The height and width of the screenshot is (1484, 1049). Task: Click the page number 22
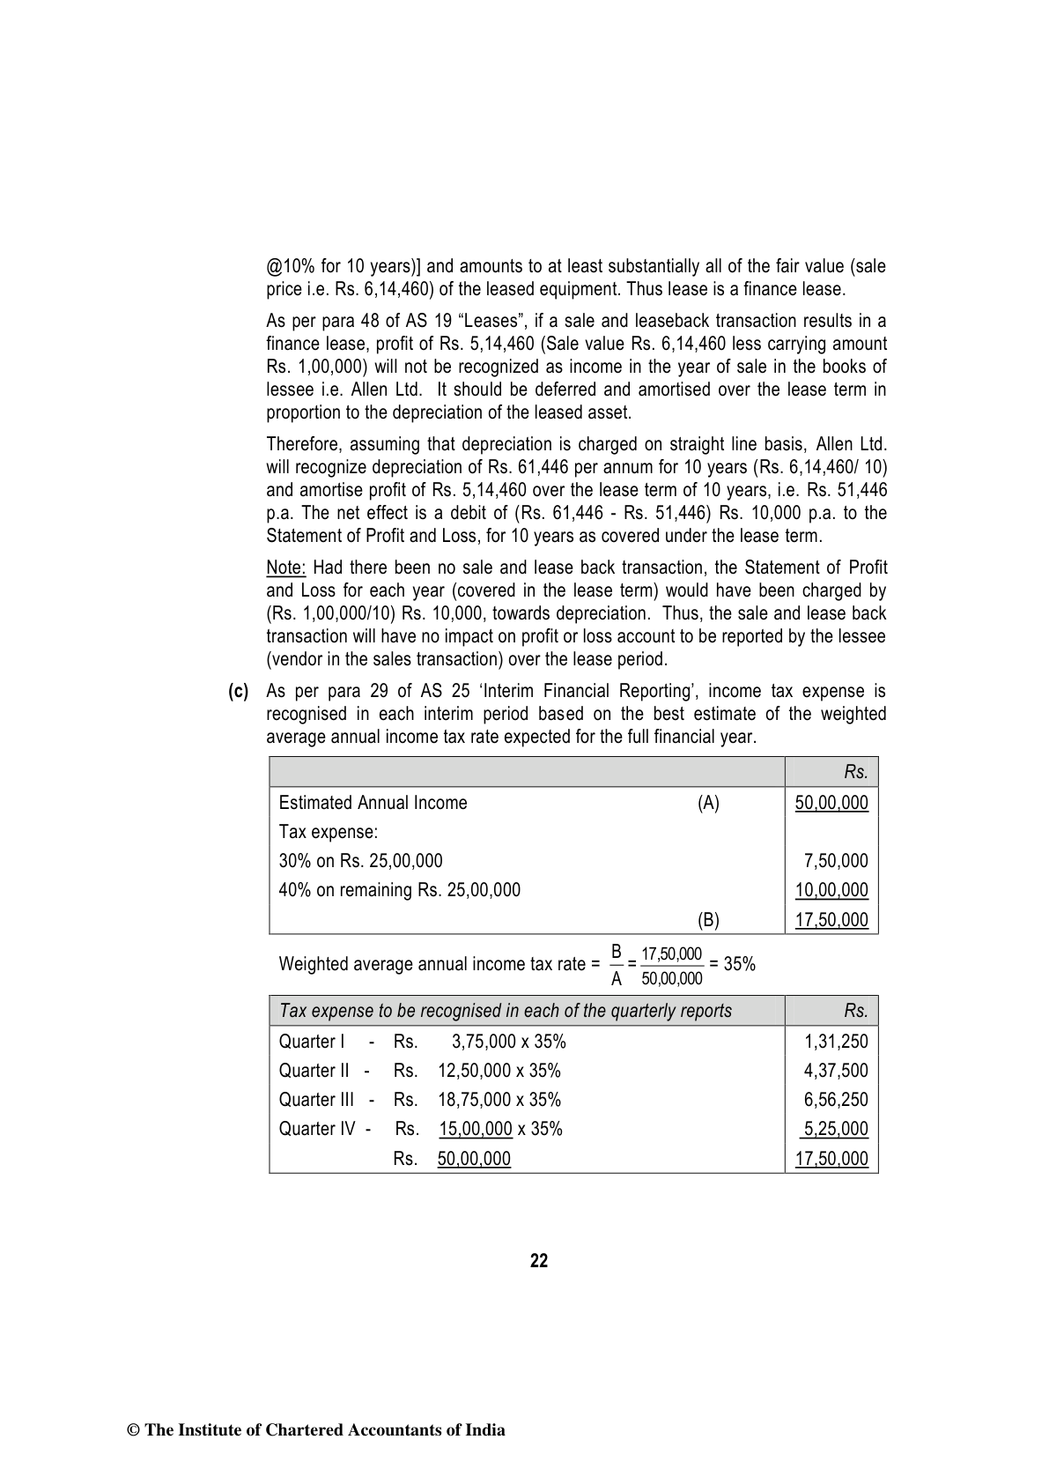pos(539,1261)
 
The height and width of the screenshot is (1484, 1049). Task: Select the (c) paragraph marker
pos(238,692)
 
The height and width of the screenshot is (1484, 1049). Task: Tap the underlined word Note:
pos(285,568)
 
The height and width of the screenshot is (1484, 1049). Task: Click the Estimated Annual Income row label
pos(373,803)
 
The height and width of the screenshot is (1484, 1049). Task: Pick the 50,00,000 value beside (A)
pos(831,803)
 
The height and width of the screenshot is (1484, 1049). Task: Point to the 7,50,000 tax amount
pos(836,861)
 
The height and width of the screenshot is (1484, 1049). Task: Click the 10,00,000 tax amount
pos(831,890)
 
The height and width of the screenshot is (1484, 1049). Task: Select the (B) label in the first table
pos(708,920)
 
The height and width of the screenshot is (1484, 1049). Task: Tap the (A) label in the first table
pos(708,803)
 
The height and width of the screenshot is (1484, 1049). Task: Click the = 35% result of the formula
pos(733,964)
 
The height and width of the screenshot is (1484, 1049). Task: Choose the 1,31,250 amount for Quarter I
pos(836,1042)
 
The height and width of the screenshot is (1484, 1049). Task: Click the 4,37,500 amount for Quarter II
pos(836,1071)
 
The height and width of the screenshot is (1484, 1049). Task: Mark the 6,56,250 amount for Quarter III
pos(836,1100)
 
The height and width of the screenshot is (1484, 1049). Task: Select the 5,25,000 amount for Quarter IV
pos(835,1129)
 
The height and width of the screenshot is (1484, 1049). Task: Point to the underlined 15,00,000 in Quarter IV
pos(476,1129)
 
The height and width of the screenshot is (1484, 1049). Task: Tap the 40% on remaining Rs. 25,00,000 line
pos(399,890)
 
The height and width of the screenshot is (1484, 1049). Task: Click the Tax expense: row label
pos(328,832)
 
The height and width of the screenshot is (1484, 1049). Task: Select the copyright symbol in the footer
pos(135,1430)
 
